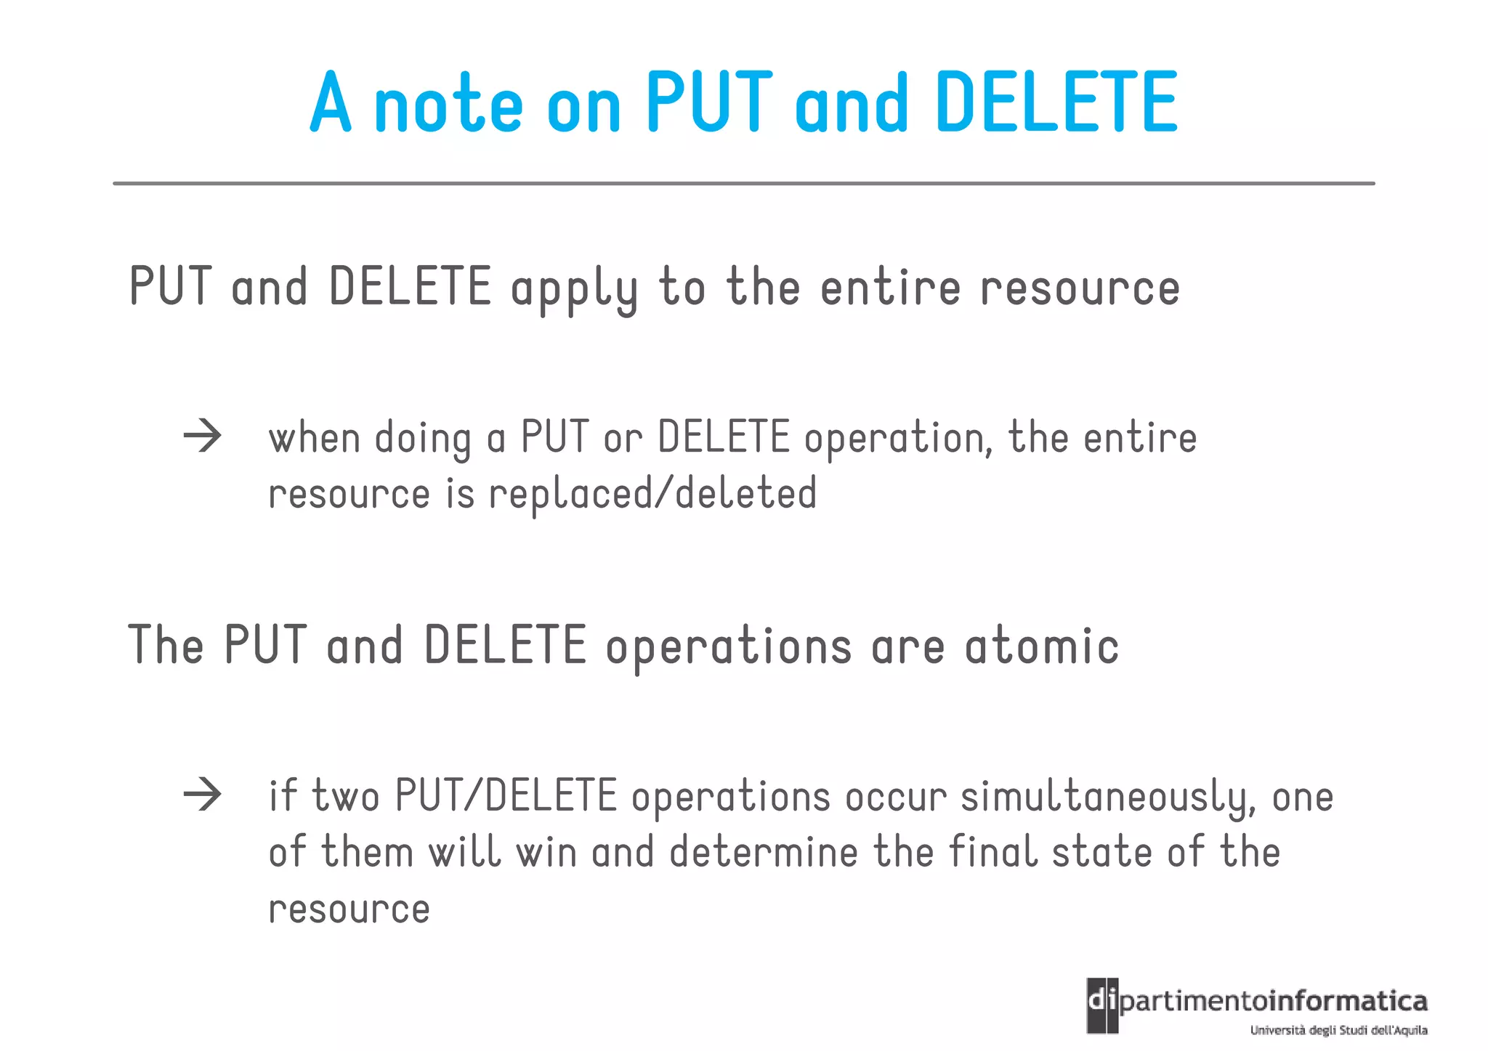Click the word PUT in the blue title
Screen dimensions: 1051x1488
(709, 102)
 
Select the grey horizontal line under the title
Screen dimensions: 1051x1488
(743, 184)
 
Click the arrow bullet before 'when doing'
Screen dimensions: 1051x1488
(202, 437)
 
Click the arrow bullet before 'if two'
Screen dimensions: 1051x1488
(202, 795)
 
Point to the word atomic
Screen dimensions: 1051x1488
(1042, 646)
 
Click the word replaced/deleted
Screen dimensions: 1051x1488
(652, 494)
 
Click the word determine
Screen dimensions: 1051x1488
(764, 852)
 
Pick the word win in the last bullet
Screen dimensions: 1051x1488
(546, 852)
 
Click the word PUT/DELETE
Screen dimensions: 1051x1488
(506, 796)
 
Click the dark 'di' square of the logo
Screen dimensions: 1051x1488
(1102, 1005)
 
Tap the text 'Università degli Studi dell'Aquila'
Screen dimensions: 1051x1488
(1338, 1030)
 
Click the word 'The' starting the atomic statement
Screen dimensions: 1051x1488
(166, 645)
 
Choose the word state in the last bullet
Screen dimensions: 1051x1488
(1101, 852)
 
